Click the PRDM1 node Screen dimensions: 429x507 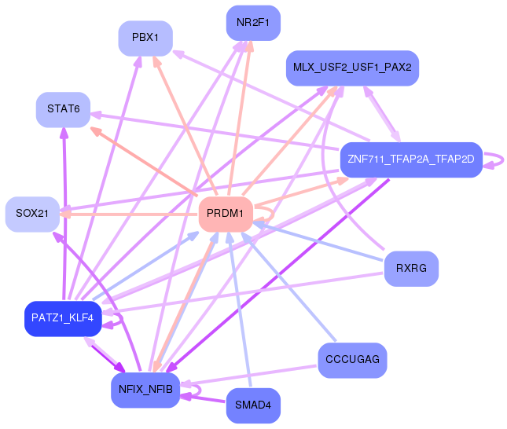point(226,214)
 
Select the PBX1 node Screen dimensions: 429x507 point(145,38)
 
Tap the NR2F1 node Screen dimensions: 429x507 point(252,23)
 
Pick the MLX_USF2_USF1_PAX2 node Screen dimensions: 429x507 point(352,68)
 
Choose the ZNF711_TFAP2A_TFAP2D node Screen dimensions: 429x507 point(410,159)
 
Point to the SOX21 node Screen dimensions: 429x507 point(32,214)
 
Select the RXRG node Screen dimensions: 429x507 point(410,269)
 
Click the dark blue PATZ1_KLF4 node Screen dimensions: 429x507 point(63,318)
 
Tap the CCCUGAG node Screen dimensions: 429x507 point(352,360)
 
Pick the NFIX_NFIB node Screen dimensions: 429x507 point(145,390)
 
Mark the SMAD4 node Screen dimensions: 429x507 point(252,406)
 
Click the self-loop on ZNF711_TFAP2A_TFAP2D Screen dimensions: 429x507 point(496,160)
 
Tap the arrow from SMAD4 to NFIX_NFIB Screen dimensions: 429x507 point(204,399)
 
